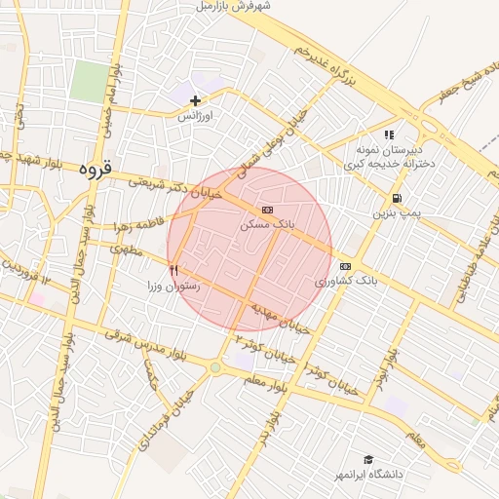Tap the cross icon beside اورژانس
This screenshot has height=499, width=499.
tap(196, 100)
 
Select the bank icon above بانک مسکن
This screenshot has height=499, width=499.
tap(267, 210)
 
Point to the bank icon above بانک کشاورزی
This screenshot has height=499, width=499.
tap(345, 266)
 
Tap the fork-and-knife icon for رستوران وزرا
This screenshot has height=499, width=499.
tap(173, 270)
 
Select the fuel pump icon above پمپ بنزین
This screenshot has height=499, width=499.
tap(395, 198)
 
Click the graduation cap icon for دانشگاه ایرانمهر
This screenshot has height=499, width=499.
tap(368, 459)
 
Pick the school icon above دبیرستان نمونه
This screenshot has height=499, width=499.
tap(389, 135)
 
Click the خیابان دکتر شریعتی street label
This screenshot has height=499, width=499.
tap(176, 186)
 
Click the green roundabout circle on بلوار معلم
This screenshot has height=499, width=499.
tap(214, 367)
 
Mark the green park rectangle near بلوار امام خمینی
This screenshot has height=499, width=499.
tap(89, 81)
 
